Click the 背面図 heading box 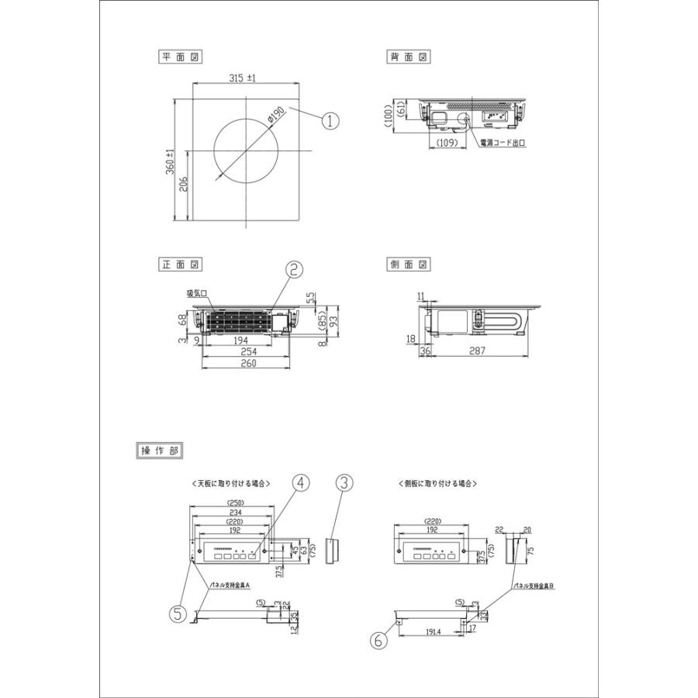(409, 57)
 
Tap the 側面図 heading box (409, 264)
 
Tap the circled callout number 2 (295, 269)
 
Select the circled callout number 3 (344, 482)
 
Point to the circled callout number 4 (301, 482)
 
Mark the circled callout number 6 (378, 641)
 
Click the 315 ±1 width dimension (243, 78)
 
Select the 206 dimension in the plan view (183, 185)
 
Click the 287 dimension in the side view (477, 351)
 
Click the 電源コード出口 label (503, 143)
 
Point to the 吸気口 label (195, 294)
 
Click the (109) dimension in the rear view (445, 143)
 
